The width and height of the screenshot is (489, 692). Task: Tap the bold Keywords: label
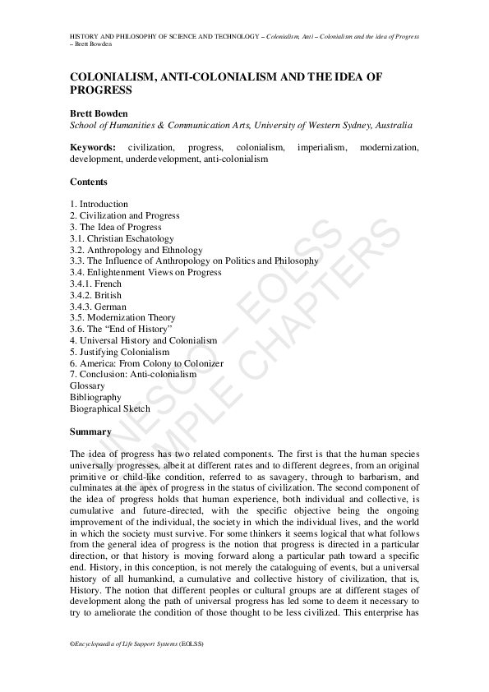coord(94,147)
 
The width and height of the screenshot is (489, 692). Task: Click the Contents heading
coord(88,182)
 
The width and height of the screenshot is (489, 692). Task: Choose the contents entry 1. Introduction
coord(99,204)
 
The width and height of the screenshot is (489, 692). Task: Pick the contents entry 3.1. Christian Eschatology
coord(122,238)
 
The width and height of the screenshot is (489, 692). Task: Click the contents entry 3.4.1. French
coord(96,284)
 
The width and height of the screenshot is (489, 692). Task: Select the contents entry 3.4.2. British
coord(96,295)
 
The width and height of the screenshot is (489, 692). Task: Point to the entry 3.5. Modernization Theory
coord(122,317)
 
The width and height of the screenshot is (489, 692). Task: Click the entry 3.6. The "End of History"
coord(120,329)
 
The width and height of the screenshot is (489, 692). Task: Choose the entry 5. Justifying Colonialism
coord(119,352)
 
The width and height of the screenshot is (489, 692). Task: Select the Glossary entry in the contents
coord(88,385)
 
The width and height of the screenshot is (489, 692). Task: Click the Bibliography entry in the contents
coord(95,397)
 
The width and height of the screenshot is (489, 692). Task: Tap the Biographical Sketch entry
coord(110,408)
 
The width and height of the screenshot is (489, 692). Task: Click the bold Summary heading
coord(90,431)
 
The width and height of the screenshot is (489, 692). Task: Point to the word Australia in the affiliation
coord(393,125)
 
